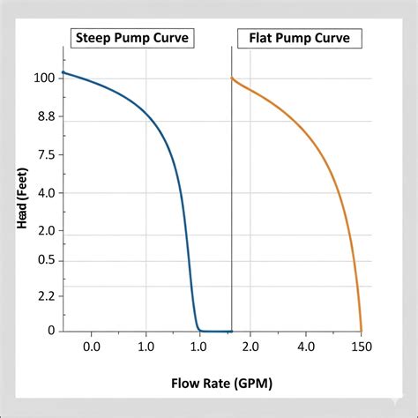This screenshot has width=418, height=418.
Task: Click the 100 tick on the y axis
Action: pos(44,78)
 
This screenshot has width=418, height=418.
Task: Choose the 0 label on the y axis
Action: pos(51,331)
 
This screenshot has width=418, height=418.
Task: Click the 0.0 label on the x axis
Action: pos(91,347)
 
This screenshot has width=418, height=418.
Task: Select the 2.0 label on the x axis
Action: pos(252,347)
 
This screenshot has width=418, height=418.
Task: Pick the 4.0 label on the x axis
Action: pos(306,347)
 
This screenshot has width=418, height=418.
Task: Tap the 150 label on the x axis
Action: pos(361,347)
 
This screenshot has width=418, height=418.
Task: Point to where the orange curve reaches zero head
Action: pos(362,330)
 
